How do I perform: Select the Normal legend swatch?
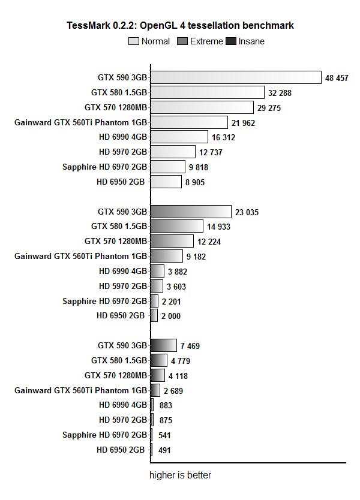133,41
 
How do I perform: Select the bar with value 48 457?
236,77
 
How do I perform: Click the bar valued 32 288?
208,92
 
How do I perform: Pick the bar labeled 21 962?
189,122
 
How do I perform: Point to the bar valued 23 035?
191,211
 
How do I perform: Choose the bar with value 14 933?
177,226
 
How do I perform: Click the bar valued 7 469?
164,345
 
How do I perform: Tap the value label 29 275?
269,108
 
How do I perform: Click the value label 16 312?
223,137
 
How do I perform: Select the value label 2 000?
171,316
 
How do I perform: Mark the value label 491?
165,450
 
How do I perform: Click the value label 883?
166,405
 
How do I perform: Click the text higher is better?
180,475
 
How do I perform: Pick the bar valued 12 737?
173,152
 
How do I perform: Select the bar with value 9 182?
167,256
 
